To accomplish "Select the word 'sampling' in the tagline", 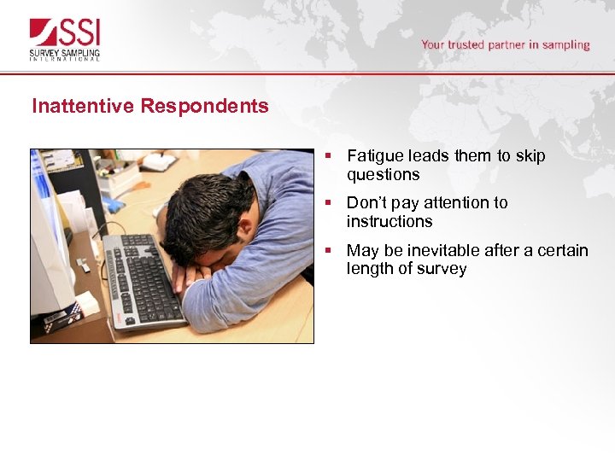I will [x=561, y=44].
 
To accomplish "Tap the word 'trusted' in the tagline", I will [x=467, y=44].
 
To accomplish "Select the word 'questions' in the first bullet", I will [x=383, y=174].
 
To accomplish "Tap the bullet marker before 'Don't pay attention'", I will [x=329, y=203].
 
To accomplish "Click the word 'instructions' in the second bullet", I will [x=389, y=221].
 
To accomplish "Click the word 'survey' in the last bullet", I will [x=442, y=269].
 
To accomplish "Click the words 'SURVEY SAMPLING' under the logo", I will [x=65, y=51].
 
